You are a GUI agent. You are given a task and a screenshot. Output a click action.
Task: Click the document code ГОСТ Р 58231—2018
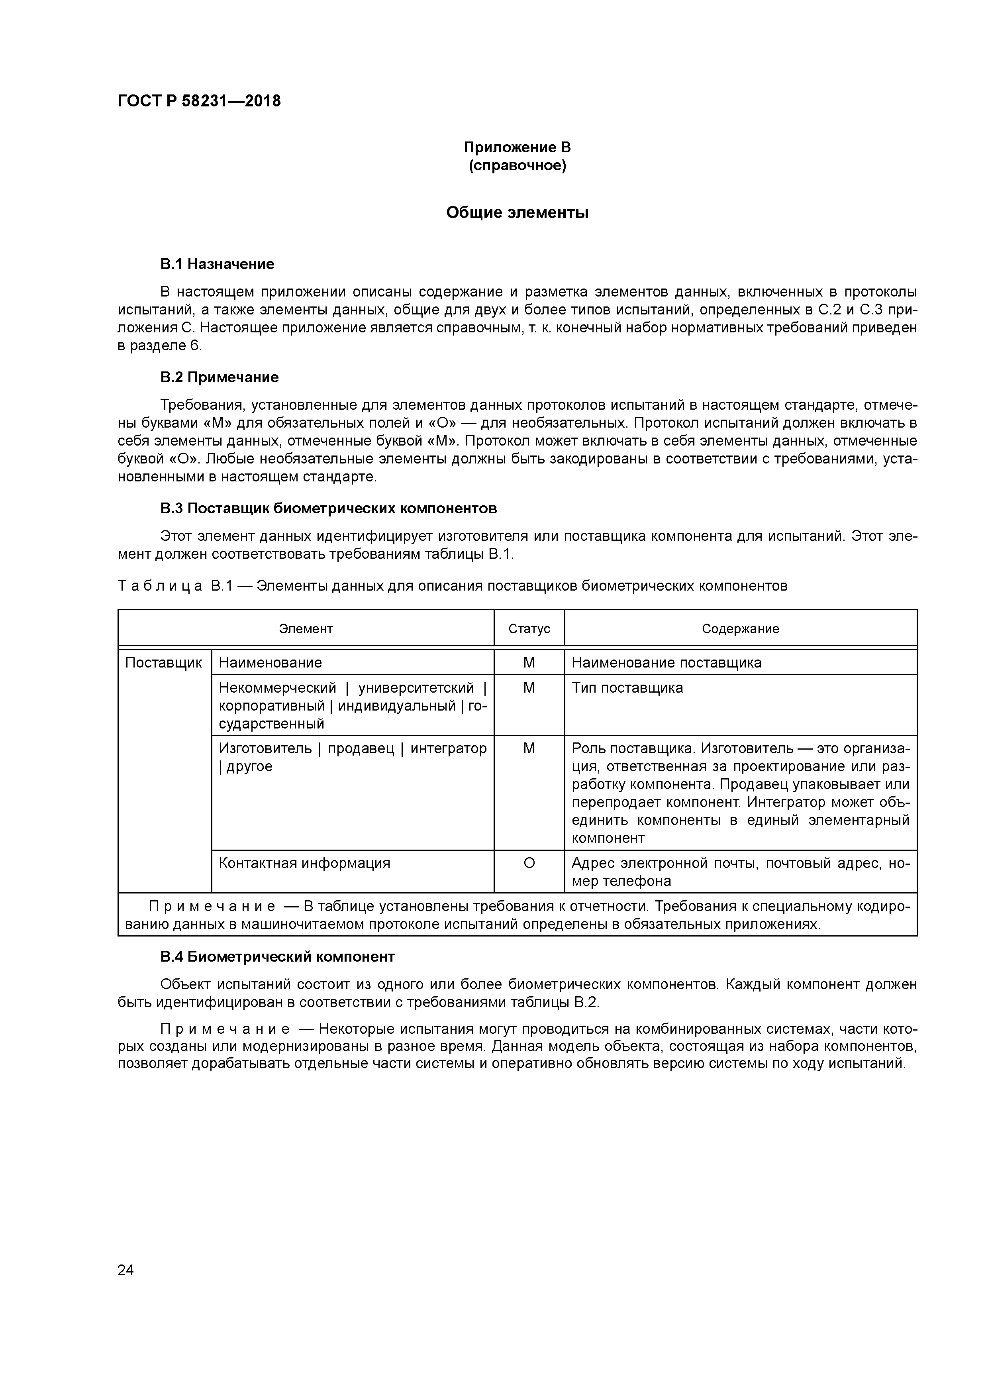(x=199, y=101)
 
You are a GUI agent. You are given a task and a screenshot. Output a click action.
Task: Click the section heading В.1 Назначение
(x=218, y=264)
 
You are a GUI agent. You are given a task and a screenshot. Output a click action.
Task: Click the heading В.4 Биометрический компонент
(x=278, y=956)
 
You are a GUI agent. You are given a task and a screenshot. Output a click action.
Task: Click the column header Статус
(x=529, y=629)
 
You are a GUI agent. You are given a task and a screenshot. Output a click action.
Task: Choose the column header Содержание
(x=740, y=629)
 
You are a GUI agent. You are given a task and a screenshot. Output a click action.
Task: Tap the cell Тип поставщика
(x=627, y=688)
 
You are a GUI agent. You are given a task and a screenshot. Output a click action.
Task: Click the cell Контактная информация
(x=304, y=864)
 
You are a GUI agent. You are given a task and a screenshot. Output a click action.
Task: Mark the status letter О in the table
(x=529, y=864)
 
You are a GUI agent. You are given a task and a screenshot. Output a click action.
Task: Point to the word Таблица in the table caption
(x=160, y=586)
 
